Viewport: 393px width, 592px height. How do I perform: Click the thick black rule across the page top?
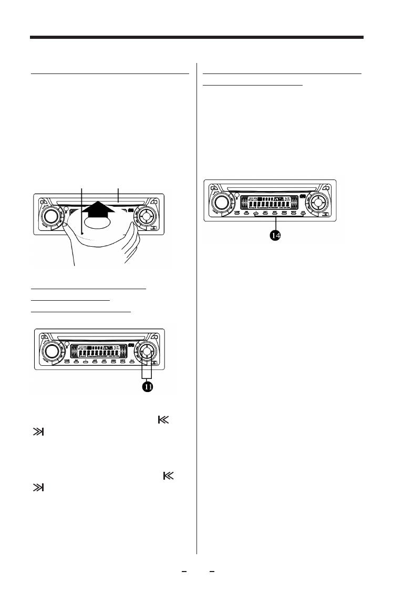pos(196,37)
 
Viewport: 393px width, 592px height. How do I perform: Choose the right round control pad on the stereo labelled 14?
pos(317,201)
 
